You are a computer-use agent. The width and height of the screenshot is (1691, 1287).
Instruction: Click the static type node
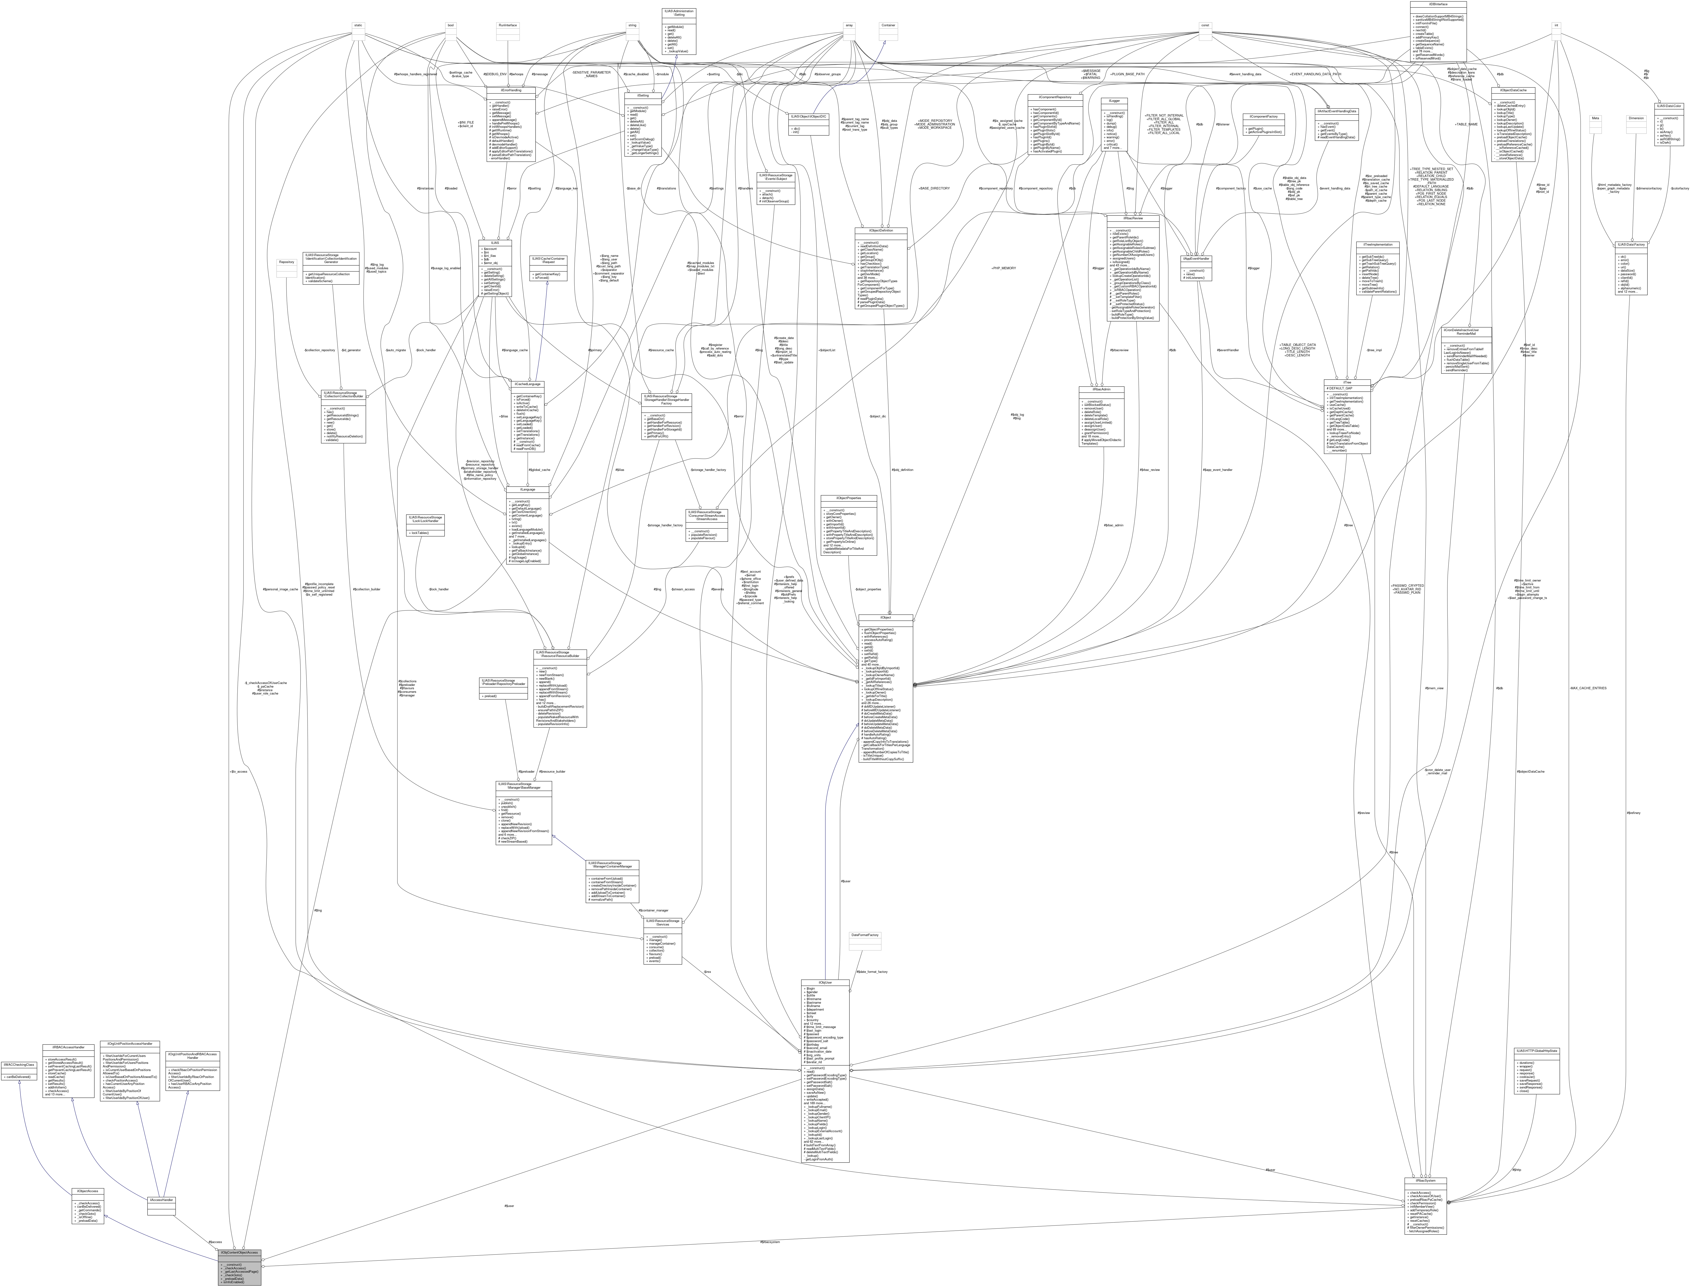[x=358, y=25]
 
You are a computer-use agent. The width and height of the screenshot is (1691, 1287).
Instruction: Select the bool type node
[x=451, y=25]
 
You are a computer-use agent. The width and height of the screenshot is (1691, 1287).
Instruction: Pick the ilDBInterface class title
[x=1437, y=4]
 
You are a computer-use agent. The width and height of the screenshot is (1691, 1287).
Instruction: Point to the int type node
[x=1555, y=25]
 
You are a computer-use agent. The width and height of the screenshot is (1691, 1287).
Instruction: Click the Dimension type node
[x=1636, y=118]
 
